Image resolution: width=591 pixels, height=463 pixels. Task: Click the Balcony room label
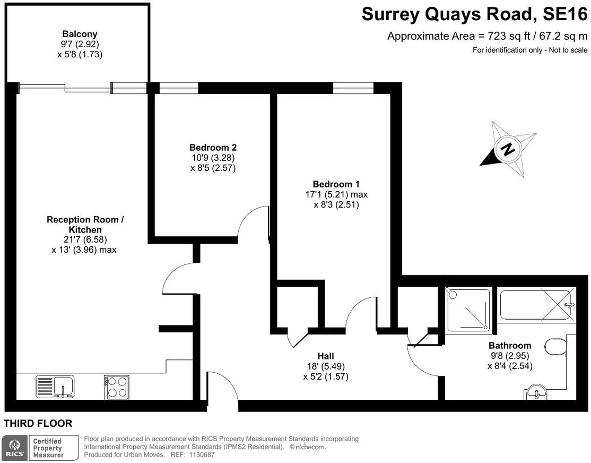(80, 34)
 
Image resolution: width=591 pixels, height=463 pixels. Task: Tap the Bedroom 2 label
(213, 148)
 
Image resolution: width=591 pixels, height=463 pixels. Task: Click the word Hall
(326, 356)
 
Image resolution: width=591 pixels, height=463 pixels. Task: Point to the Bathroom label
(510, 346)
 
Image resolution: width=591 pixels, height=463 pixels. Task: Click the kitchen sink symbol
(55, 385)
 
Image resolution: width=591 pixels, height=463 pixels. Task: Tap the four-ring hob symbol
(116, 387)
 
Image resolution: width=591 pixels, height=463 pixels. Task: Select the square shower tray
(467, 310)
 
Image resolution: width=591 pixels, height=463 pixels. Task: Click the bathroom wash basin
(538, 392)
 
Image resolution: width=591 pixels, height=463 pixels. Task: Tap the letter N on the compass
(508, 149)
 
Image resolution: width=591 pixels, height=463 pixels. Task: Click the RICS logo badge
(14, 448)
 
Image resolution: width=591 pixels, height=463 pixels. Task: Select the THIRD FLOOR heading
(38, 424)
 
